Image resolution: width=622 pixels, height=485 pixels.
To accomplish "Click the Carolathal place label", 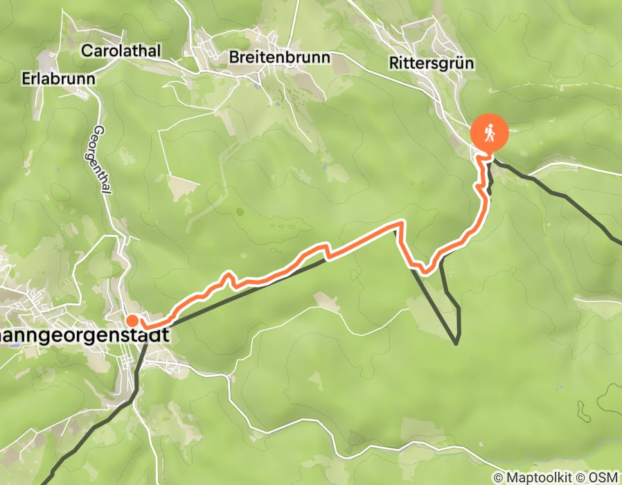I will pos(121,51).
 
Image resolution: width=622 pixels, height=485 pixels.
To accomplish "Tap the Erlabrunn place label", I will pos(58,77).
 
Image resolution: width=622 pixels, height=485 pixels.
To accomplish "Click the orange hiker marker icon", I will pos(490,132).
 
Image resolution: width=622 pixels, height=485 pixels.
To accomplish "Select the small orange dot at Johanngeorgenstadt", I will pos(132,320).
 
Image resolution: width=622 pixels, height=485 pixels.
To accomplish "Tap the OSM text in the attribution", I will pos(605,477).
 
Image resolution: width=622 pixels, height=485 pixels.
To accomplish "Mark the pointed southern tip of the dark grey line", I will pos(457,342).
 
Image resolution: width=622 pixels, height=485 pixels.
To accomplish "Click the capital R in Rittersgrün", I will pos(394,63).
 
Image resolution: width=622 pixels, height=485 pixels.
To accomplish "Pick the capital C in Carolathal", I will pos(87,51).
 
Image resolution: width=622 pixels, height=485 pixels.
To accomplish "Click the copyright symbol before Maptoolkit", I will pos(498,477).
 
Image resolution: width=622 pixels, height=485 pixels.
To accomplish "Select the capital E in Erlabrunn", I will pos(26,77).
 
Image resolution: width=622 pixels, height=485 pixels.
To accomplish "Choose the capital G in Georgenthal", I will pos(98,130).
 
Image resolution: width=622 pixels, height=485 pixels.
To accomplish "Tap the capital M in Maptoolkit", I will pos(512,477).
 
